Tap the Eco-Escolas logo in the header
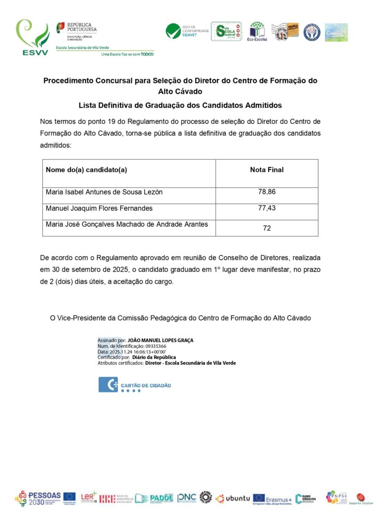257,32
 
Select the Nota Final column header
267,170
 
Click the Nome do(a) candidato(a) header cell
86,170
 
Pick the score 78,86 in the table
267,192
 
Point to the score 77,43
267,208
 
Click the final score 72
267,228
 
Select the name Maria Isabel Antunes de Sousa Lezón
104,192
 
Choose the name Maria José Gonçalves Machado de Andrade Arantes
127,224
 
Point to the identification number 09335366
155,346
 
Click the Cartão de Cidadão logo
135,385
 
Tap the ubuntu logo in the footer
233,498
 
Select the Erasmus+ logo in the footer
272,499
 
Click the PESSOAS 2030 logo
38,498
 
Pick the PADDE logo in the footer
154,498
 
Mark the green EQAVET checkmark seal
173,31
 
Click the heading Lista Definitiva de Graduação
180,105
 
